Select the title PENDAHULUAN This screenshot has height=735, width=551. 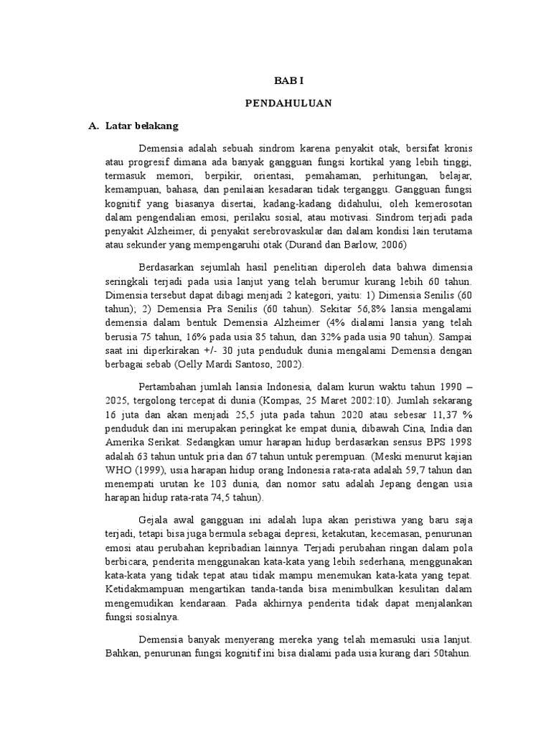(x=288, y=103)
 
